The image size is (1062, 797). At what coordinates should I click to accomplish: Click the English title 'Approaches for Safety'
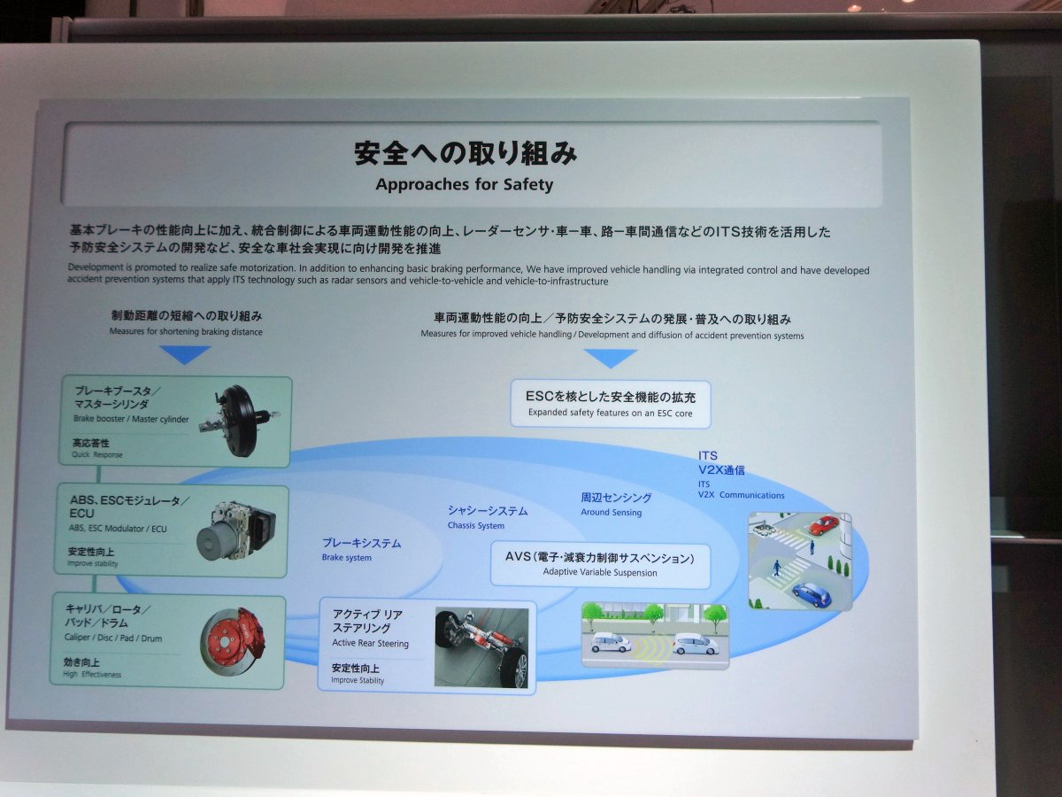click(x=464, y=185)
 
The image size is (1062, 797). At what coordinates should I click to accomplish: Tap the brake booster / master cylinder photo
click(x=239, y=420)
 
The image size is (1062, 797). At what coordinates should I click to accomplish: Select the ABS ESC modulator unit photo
click(x=236, y=530)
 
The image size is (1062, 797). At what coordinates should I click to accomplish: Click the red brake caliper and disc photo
click(x=233, y=642)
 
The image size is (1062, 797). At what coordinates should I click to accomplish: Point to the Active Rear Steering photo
click(x=481, y=647)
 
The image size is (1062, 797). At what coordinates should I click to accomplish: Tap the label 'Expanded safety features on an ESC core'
click(x=610, y=413)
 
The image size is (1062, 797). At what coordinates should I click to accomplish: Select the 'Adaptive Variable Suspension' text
click(x=600, y=572)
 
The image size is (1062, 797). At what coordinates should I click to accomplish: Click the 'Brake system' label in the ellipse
click(x=346, y=558)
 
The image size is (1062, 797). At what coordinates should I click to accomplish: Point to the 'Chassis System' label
click(x=475, y=525)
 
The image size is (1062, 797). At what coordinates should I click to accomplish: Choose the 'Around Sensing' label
click(x=611, y=513)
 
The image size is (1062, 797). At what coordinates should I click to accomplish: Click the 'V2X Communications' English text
click(x=742, y=495)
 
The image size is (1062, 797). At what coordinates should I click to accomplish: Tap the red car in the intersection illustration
click(x=824, y=525)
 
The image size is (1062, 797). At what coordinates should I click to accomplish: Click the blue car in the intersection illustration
click(x=812, y=595)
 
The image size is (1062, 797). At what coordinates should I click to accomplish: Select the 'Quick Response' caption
click(x=96, y=454)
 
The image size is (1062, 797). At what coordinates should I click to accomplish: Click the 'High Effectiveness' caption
click(x=92, y=674)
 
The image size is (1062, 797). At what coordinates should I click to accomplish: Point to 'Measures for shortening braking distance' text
click(x=186, y=332)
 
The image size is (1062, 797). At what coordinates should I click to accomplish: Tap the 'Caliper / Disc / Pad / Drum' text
click(x=113, y=638)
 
